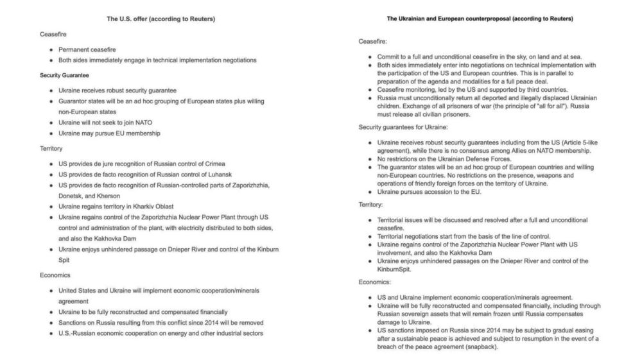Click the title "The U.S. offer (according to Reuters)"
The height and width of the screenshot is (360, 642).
(160, 19)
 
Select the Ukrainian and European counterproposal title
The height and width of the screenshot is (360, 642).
(480, 19)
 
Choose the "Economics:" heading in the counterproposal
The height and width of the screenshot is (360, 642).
(375, 282)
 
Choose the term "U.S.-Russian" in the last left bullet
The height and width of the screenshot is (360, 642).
(79, 333)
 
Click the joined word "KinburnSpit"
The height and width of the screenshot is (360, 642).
(394, 269)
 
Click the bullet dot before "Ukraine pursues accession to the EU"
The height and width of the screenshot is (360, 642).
(370, 192)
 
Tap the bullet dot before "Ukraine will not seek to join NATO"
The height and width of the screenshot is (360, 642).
(51, 122)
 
